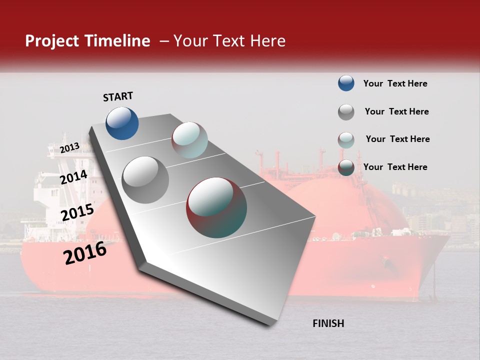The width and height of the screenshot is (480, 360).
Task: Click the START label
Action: tap(118, 96)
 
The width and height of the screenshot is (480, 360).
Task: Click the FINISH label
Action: tap(328, 323)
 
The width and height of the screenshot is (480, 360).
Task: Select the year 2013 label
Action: tap(69, 148)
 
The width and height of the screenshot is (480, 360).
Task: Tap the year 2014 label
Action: tap(74, 177)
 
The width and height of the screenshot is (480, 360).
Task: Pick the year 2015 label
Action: tap(77, 212)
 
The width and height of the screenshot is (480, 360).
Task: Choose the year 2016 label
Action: tap(85, 253)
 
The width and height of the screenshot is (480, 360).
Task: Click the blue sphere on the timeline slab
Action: tap(122, 123)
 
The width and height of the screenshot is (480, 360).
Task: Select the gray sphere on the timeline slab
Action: tap(145, 180)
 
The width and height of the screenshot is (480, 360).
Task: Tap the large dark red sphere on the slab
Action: tap(216, 207)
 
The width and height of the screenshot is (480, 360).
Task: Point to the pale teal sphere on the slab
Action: tap(189, 140)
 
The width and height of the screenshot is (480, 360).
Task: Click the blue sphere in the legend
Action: tap(346, 83)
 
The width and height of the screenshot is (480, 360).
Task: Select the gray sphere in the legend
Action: tap(346, 112)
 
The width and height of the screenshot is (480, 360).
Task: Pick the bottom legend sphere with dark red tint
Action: tap(346, 167)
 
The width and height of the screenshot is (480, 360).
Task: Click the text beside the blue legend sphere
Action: tap(395, 84)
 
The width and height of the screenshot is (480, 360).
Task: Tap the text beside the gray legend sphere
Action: tap(396, 111)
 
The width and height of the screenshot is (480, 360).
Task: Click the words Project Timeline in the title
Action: tap(87, 41)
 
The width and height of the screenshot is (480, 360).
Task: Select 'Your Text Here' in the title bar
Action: tap(229, 41)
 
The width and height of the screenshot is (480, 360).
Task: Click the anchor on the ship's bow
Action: tap(385, 260)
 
